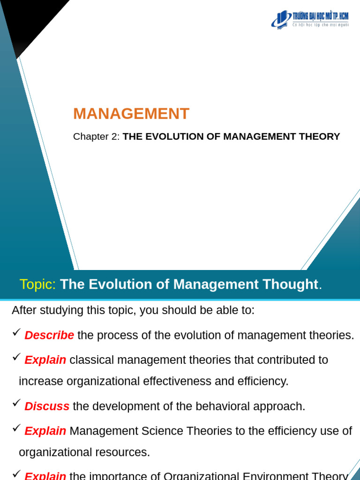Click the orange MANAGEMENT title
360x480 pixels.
(x=131, y=114)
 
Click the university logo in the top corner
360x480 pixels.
(x=310, y=19)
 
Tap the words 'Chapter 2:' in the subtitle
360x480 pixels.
(x=96, y=137)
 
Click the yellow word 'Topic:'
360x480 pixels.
(x=37, y=285)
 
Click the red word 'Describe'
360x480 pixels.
(x=49, y=336)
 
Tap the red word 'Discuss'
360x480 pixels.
(x=47, y=406)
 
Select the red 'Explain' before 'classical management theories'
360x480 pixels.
(x=45, y=360)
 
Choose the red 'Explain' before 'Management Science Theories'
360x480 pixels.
(x=45, y=431)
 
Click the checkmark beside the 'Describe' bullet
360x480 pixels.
(x=16, y=332)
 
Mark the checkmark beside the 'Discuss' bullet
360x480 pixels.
(x=16, y=403)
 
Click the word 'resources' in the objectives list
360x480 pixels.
(x=127, y=452)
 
